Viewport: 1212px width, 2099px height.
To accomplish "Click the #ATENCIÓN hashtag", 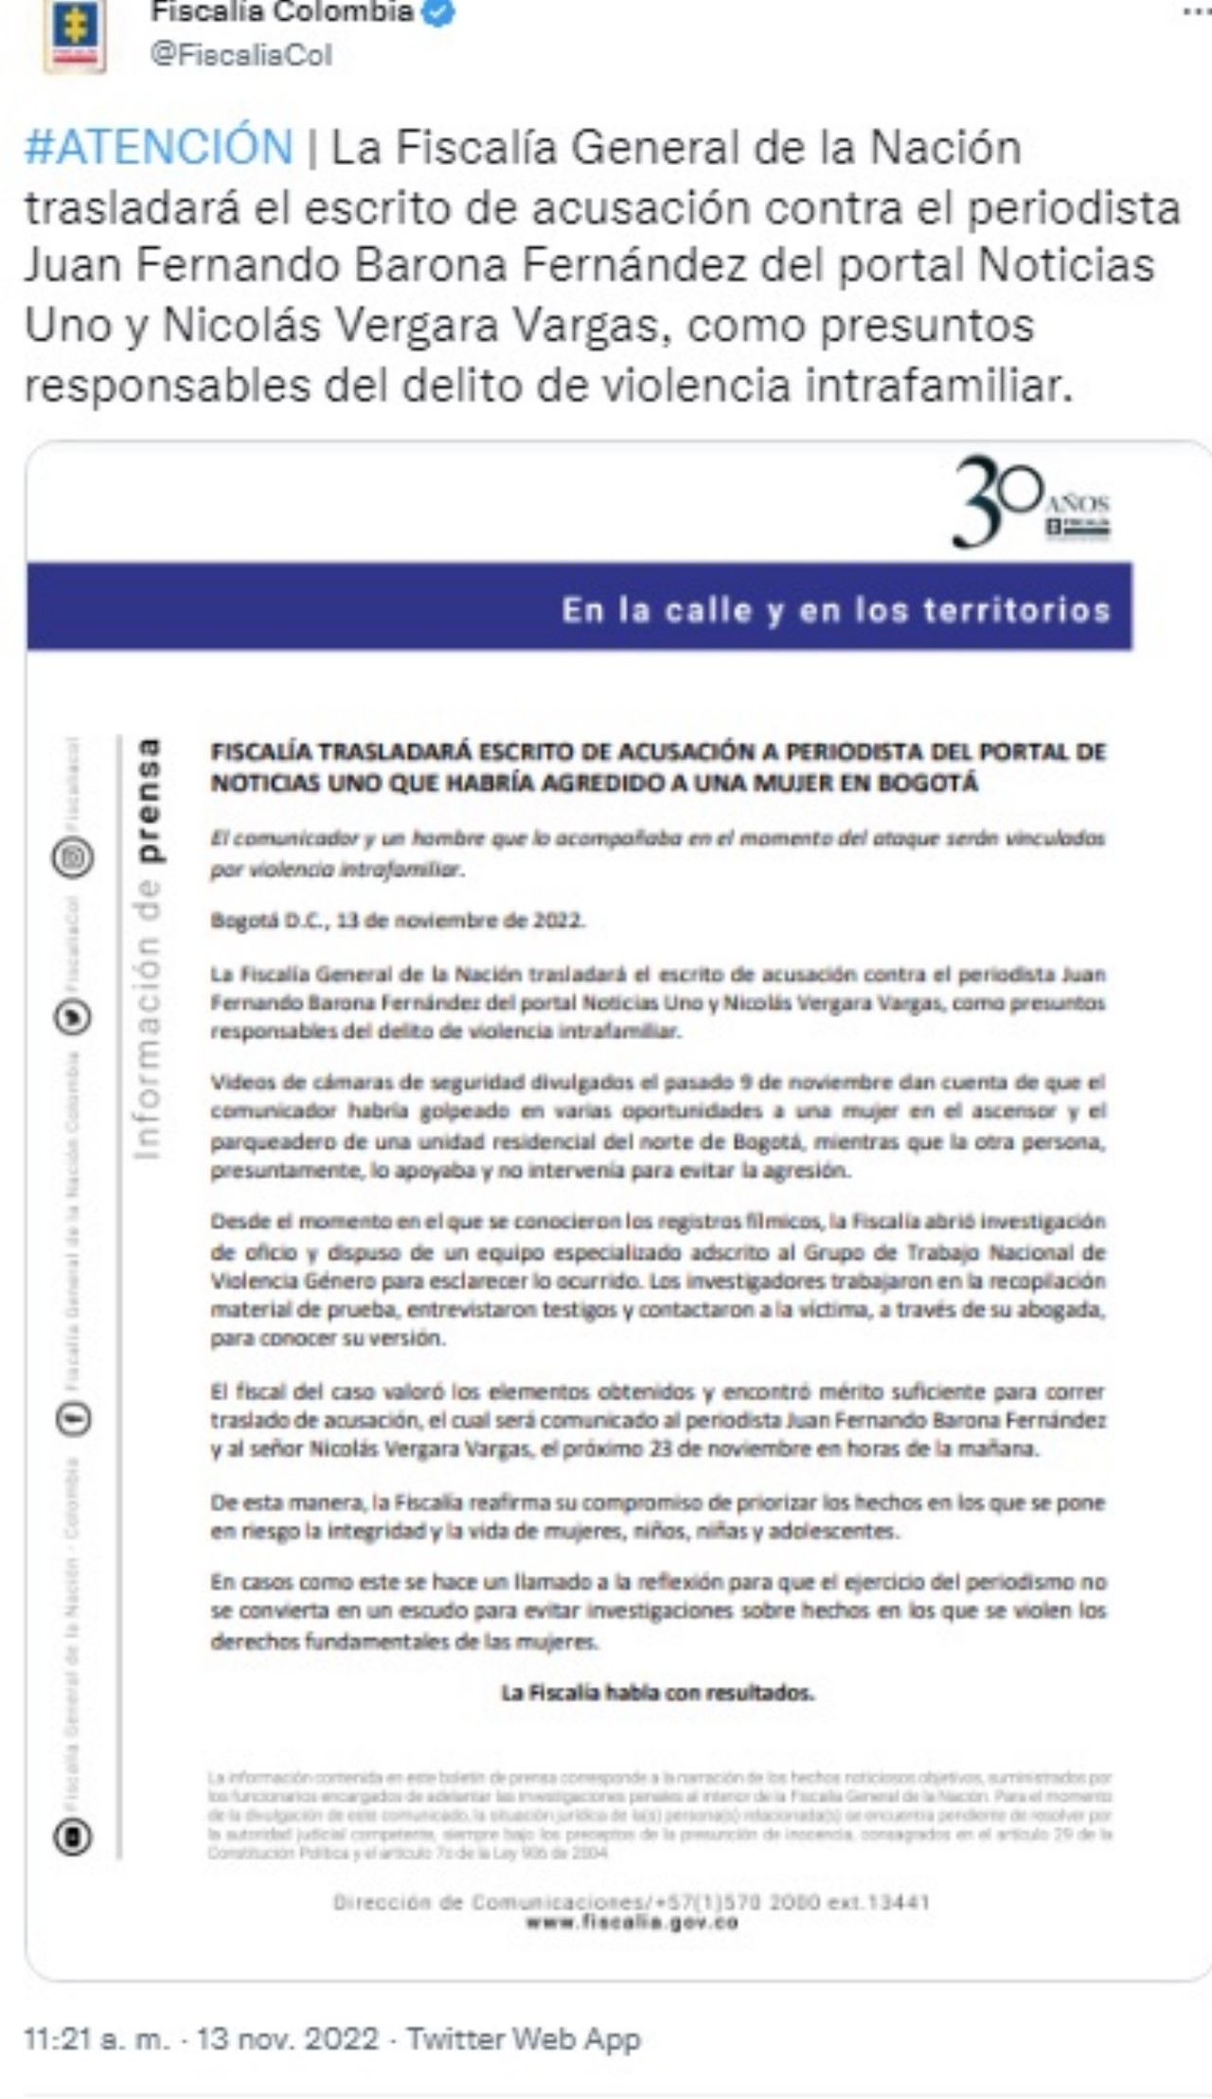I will pyautogui.click(x=159, y=148).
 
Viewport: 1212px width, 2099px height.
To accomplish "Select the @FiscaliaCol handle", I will pyautogui.click(x=241, y=55).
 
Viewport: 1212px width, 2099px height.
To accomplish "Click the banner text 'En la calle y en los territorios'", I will pyautogui.click(x=835, y=610).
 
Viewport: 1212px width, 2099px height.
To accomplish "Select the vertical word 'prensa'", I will pyautogui.click(x=148, y=800).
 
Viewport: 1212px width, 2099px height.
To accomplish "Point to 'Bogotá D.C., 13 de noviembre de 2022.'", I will pyautogui.click(x=398, y=921).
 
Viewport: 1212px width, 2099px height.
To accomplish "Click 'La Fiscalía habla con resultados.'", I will pyautogui.click(x=657, y=1693).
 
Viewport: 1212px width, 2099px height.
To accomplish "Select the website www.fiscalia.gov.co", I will pyautogui.click(x=632, y=1922).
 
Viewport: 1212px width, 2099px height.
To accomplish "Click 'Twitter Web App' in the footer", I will pyautogui.click(x=524, y=2038).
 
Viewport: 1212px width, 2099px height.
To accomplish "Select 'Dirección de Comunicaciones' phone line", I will pyautogui.click(x=631, y=1901).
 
